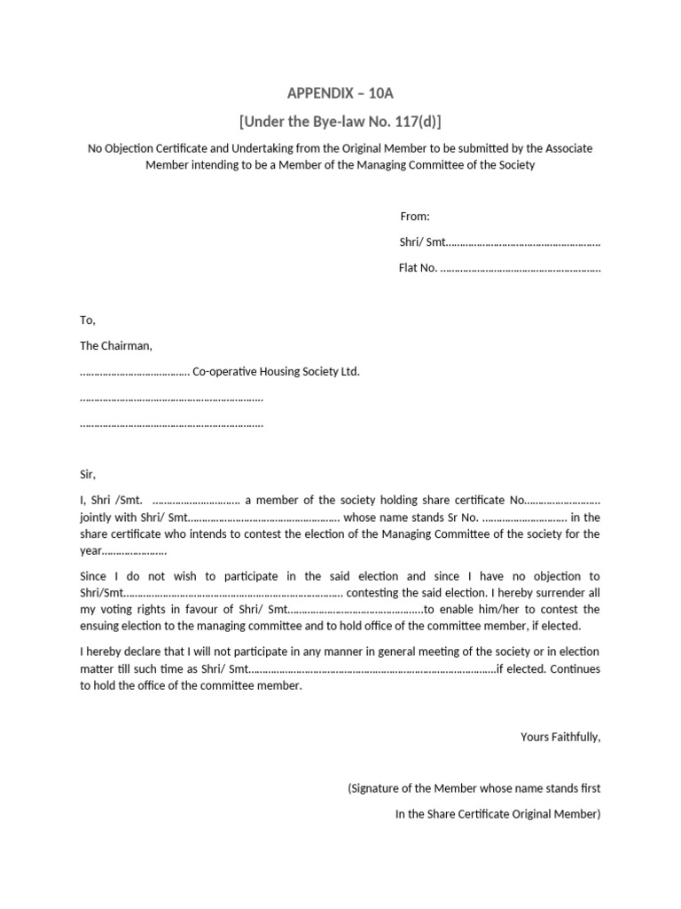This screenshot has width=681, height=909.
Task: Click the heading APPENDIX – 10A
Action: (340, 92)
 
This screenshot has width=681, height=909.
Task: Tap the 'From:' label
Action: (415, 217)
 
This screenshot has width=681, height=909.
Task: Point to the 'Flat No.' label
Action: (418, 268)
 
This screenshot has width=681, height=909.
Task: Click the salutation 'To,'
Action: (87, 320)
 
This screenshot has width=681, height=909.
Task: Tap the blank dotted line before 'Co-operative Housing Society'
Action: (135, 372)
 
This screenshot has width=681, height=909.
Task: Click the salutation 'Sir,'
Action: (87, 474)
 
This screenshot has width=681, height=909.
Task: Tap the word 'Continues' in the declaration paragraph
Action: (575, 668)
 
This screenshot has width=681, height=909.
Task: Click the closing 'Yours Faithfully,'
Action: (560, 736)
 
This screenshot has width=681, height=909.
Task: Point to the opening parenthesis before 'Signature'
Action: (349, 787)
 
